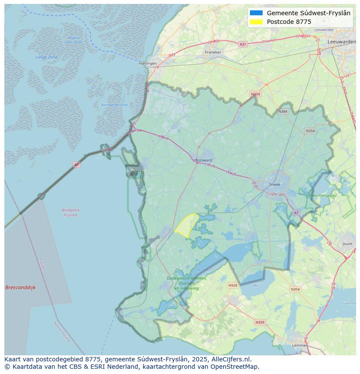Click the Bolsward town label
203,160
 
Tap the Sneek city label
275,184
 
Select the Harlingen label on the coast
148,63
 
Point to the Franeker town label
213,52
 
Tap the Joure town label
347,244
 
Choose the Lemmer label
300,345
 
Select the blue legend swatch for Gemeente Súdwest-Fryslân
256,13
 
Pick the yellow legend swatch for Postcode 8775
256,22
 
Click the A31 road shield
243,44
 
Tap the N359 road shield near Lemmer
260,322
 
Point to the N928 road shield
233,285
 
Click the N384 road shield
283,112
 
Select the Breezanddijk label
20,288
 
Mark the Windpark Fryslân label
70,212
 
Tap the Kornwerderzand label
114,105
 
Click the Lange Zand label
46,57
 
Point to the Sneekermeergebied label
321,196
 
